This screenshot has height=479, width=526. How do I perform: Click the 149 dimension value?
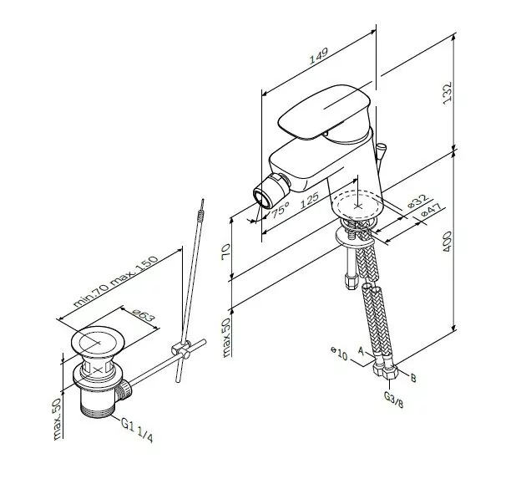click(x=317, y=59)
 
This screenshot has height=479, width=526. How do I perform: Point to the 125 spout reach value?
click(x=310, y=200)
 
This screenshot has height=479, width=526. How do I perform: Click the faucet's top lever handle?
click(x=326, y=110)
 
